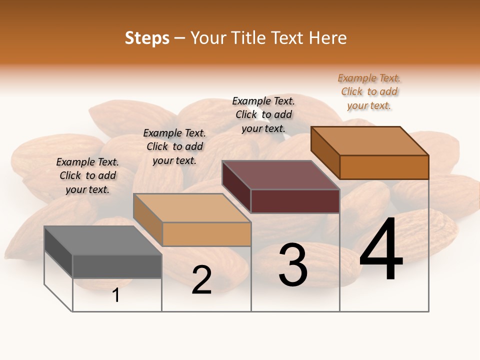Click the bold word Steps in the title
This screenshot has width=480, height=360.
tap(147, 38)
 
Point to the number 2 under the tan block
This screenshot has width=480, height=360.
tap(201, 280)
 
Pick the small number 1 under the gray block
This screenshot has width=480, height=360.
tap(116, 295)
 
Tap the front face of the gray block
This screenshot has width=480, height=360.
tap(117, 266)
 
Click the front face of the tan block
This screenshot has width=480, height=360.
tap(206, 234)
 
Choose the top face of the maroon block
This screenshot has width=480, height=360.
tap(280, 175)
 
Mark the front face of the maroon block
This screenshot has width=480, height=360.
tap(295, 201)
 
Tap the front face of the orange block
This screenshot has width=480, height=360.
tap(384, 167)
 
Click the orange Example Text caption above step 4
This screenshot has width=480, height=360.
tap(369, 92)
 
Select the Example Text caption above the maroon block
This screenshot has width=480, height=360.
tap(263, 115)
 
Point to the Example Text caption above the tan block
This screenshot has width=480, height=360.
tap(174, 147)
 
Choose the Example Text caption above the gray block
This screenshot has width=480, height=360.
tap(87, 176)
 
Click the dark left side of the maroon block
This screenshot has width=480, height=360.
tap(236, 186)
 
